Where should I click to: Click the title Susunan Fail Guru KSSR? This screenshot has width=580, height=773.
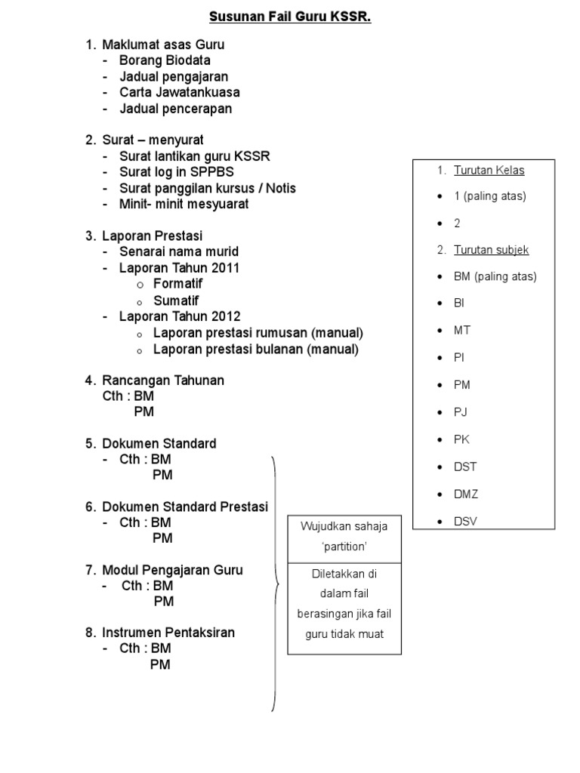pyautogui.click(x=290, y=17)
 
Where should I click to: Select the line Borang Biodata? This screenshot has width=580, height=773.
pyautogui.click(x=165, y=60)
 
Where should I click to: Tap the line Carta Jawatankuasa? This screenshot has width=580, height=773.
pyautogui.click(x=180, y=93)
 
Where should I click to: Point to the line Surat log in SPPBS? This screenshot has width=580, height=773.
pyautogui.click(x=177, y=172)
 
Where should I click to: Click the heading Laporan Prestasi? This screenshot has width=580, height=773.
pyautogui.click(x=153, y=236)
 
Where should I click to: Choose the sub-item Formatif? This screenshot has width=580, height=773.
pyautogui.click(x=177, y=284)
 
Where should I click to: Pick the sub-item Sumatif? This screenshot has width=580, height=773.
pyautogui.click(x=176, y=300)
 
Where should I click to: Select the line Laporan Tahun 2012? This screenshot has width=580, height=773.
pyautogui.click(x=180, y=316)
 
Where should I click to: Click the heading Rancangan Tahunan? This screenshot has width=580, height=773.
pyautogui.click(x=163, y=380)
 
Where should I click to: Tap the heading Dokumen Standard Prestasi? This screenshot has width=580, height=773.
pyautogui.click(x=185, y=507)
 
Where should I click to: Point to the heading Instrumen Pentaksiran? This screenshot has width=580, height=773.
pyautogui.click(x=168, y=633)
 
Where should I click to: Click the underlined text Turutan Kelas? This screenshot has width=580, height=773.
pyautogui.click(x=489, y=171)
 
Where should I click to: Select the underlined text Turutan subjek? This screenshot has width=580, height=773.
pyautogui.click(x=491, y=250)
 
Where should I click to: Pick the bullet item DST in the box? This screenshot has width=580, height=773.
pyautogui.click(x=465, y=467)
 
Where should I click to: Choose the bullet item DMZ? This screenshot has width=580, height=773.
pyautogui.click(x=466, y=494)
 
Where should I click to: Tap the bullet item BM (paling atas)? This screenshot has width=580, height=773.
pyautogui.click(x=495, y=276)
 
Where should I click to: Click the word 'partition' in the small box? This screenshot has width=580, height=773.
pyautogui.click(x=344, y=546)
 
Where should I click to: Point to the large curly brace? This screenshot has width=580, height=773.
pyautogui.click(x=275, y=584)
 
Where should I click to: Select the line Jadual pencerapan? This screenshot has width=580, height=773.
pyautogui.click(x=175, y=109)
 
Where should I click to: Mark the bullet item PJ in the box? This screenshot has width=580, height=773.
pyautogui.click(x=461, y=412)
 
